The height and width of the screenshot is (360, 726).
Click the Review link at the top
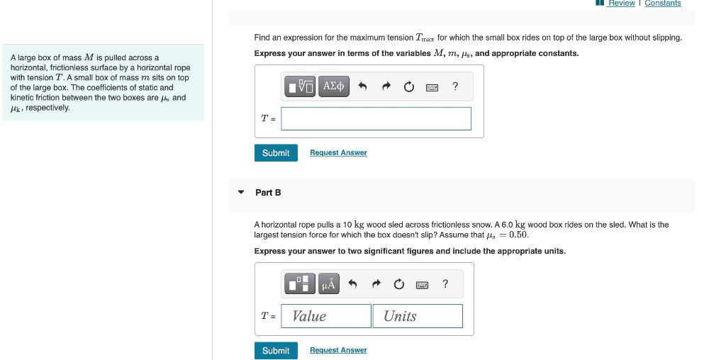(x=621, y=4)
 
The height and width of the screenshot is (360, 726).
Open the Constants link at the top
(x=662, y=4)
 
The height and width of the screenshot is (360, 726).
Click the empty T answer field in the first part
(x=376, y=119)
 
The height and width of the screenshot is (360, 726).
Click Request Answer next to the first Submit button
(x=338, y=153)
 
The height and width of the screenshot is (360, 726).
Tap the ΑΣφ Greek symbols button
(x=333, y=86)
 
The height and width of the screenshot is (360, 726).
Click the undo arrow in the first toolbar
(x=362, y=87)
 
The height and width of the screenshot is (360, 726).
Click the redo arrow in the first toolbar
(x=386, y=87)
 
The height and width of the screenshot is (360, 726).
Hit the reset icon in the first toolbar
(x=409, y=87)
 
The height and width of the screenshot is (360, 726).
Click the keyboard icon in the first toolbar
(x=432, y=87)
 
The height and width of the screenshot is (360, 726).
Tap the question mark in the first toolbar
(x=455, y=86)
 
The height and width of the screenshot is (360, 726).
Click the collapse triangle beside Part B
(x=241, y=192)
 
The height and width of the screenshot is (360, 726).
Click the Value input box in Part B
(x=326, y=316)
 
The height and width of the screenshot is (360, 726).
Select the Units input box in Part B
(x=418, y=316)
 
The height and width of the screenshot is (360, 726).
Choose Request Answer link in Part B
(x=338, y=350)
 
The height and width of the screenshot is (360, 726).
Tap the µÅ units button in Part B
(x=328, y=284)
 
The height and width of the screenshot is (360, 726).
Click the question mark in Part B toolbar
(x=445, y=284)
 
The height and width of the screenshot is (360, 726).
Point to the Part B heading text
(x=268, y=193)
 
